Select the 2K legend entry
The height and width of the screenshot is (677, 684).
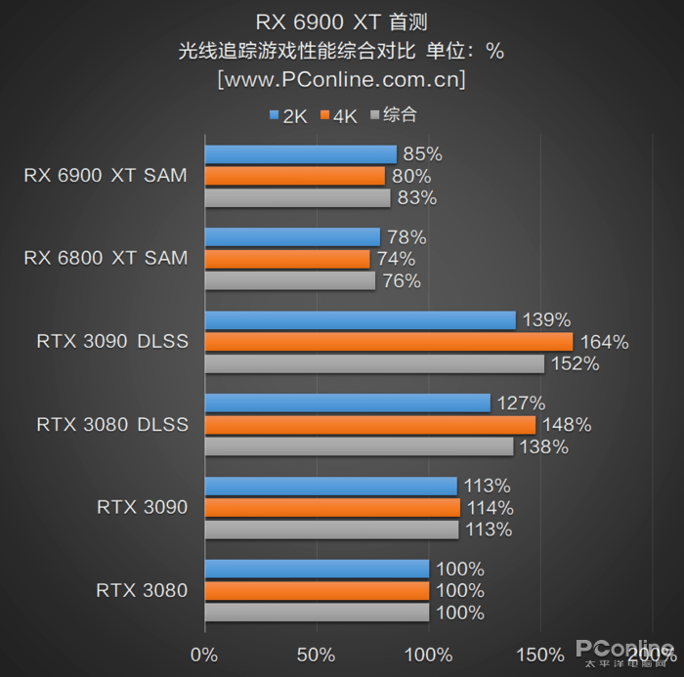coord(289,116)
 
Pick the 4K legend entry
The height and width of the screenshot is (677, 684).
coord(339,116)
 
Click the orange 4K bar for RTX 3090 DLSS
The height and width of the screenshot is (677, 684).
coord(388,342)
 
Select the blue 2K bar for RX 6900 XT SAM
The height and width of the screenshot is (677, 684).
coord(300,154)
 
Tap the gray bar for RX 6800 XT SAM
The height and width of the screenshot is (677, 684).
coord(289,281)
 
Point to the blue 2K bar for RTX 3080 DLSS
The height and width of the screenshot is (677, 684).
coord(347,402)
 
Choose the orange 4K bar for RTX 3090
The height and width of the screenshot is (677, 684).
coord(332,508)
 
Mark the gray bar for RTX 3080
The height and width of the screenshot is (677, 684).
coord(317,613)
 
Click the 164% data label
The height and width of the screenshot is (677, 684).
coord(604,342)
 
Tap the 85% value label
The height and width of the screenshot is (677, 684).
coord(422,154)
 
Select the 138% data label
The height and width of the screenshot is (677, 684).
coord(543,447)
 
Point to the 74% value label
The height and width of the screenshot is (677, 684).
coord(395,259)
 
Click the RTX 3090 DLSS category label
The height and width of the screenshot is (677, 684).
coord(112,342)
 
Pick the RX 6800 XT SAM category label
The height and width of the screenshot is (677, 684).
coord(106,259)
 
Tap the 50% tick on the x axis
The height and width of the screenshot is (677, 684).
coord(317,654)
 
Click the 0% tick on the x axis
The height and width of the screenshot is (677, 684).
coord(204,654)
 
